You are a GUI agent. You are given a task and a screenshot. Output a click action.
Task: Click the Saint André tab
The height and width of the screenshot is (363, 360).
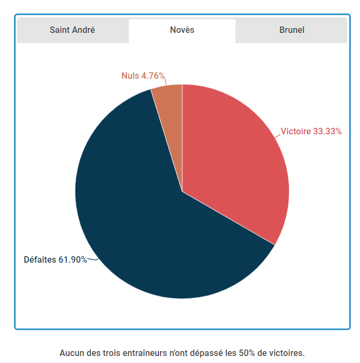coord(72,30)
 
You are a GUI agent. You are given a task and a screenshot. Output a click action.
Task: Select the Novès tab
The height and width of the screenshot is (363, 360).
coord(182,30)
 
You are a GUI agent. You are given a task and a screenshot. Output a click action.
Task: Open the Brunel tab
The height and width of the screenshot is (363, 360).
coord(292,30)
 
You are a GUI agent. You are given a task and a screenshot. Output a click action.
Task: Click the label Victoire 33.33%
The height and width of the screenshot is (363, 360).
coord(311,131)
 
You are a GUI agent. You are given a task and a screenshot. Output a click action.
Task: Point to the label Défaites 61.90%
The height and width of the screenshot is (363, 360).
coord(56,259)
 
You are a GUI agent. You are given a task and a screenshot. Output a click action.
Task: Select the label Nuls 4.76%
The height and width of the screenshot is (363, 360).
coord(143,76)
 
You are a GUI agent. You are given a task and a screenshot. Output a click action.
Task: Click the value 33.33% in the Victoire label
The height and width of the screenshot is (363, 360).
coord(327,131)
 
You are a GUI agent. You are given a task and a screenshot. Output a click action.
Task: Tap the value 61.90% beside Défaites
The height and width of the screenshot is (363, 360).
coord(73,259)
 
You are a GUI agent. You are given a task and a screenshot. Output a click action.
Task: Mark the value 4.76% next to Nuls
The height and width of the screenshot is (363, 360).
coord(153,76)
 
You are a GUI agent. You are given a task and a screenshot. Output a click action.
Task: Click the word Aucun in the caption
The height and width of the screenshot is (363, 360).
coord(71,353)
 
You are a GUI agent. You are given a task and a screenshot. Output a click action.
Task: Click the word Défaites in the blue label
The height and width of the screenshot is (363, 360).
coord(40,259)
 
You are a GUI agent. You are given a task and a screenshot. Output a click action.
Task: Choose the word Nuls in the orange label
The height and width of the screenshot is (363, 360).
coord(130,76)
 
